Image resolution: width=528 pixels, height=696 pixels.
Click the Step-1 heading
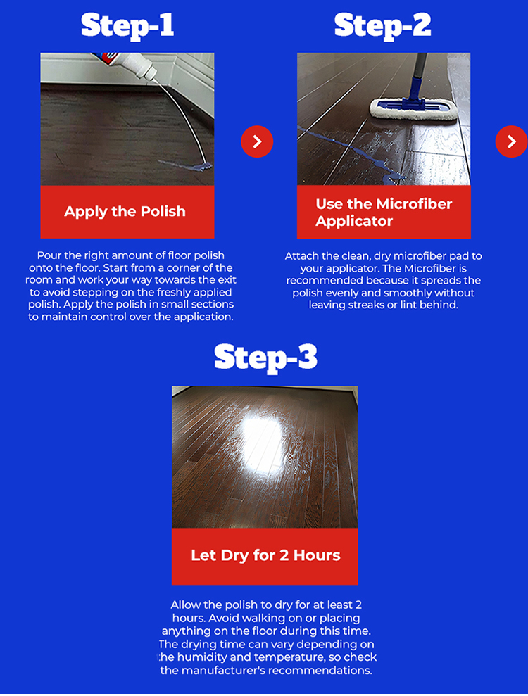click(127, 25)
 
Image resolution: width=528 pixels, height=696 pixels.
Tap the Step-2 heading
click(383, 25)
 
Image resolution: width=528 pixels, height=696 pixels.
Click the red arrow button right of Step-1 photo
click(257, 141)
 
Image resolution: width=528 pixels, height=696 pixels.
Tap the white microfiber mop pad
click(414, 108)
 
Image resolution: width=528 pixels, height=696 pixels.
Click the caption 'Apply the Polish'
click(125, 211)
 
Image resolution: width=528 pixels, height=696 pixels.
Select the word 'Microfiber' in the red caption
click(415, 204)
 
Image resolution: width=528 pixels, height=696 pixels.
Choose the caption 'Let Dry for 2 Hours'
click(265, 555)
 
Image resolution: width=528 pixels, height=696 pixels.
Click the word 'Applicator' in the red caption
click(354, 221)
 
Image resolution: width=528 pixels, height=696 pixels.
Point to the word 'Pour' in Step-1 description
click(48, 255)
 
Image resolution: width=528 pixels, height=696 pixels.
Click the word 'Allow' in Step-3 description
click(184, 605)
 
